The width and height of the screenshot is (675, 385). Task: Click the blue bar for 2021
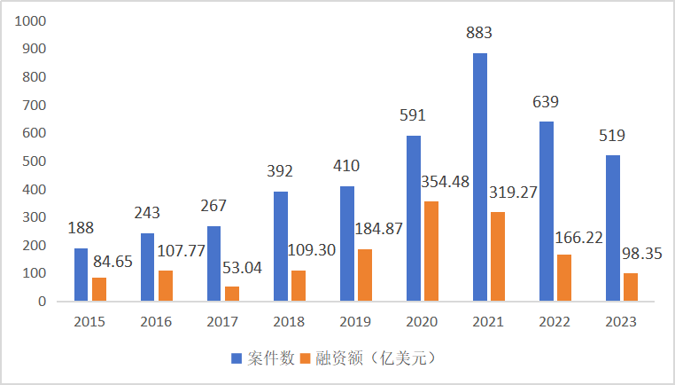pyautogui.click(x=479, y=177)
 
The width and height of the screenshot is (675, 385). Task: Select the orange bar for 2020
pyautogui.click(x=431, y=251)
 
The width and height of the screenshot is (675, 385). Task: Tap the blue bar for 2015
pyautogui.click(x=81, y=275)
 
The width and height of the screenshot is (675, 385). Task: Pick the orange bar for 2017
pyautogui.click(x=231, y=294)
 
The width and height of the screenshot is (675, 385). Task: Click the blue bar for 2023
pyautogui.click(x=612, y=229)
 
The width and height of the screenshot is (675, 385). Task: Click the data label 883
pyautogui.click(x=479, y=34)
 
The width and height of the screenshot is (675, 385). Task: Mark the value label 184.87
pyautogui.click(x=377, y=230)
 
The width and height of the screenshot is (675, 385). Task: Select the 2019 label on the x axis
pyautogui.click(x=356, y=322)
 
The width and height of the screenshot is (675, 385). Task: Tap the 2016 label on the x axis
pyautogui.click(x=157, y=322)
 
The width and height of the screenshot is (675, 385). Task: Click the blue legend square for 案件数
pyautogui.click(x=237, y=358)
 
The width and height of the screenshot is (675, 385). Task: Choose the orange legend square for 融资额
pyautogui.click(x=306, y=358)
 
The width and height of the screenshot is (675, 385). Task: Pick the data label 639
pyautogui.click(x=546, y=102)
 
